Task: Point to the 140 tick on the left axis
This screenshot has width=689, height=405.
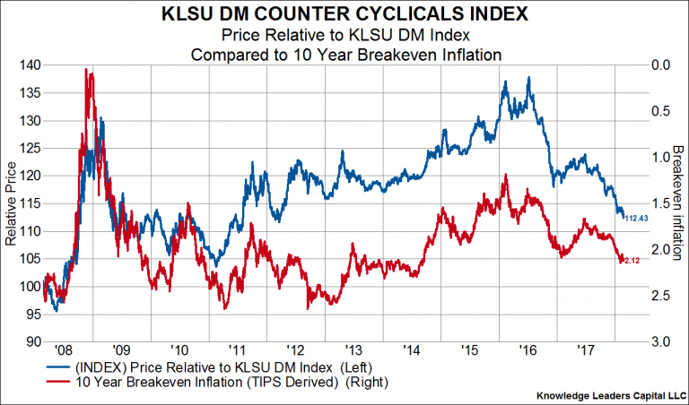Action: tap(29, 65)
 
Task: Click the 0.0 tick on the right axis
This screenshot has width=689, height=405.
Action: tap(659, 65)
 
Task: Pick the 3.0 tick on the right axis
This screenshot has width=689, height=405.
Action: tap(659, 341)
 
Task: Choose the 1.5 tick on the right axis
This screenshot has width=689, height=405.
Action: tap(659, 203)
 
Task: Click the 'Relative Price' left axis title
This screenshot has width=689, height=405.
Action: tap(11, 203)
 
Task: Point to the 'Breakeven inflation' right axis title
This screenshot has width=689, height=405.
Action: tap(679, 203)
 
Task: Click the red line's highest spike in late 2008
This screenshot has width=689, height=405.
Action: tap(86, 69)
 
